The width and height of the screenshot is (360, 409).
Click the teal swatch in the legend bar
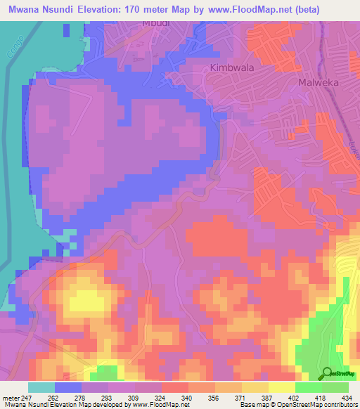tap(41, 387)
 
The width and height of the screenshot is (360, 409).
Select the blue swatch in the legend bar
tap(67, 387)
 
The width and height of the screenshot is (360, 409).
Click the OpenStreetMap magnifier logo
tap(327, 373)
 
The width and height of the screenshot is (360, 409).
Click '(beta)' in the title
tap(297, 9)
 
